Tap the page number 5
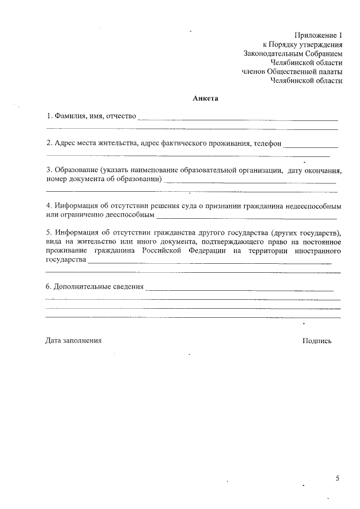tap(337, 478)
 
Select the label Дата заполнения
tap(74, 340)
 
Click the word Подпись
tap(317, 340)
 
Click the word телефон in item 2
tap(267, 143)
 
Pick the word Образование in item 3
tap(75, 170)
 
